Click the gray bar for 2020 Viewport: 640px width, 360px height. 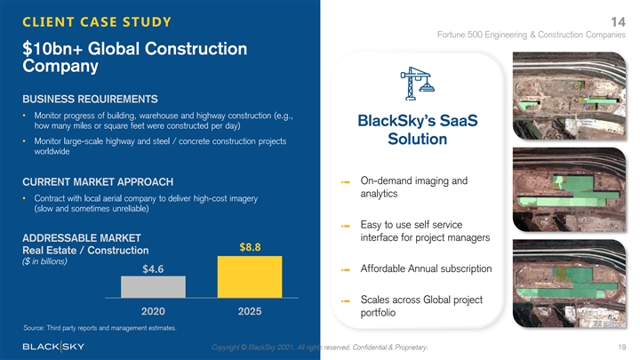point(154,286)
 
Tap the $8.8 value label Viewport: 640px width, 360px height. point(250,247)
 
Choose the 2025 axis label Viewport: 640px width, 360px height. point(250,312)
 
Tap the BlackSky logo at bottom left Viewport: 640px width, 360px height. point(54,346)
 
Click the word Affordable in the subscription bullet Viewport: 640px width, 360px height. point(386,268)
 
